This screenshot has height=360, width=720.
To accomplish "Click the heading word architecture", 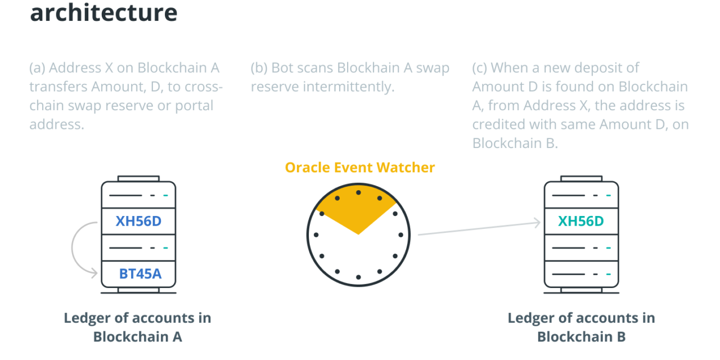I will point(103,12).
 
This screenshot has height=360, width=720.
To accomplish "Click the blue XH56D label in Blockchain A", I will point(138,221).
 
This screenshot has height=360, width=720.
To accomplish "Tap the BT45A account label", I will point(140,274).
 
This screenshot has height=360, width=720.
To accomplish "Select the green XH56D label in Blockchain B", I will point(580,221).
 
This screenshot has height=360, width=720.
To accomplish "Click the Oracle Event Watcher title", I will point(359,167).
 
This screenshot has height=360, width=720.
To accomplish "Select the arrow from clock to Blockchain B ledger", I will point(478,229).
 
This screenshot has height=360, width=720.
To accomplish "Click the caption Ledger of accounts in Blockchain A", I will point(137,327).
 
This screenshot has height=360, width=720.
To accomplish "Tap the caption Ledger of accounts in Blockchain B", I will point(581,327).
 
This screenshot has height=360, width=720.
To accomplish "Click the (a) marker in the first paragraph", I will point(37,68).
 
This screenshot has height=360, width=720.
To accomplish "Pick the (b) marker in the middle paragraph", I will point(259,68).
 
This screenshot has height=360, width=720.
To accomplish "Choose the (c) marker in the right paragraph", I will point(480,68).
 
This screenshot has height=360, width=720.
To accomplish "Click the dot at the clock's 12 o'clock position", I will point(358,192).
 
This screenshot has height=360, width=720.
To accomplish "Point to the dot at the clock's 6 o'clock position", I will point(358,277).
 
